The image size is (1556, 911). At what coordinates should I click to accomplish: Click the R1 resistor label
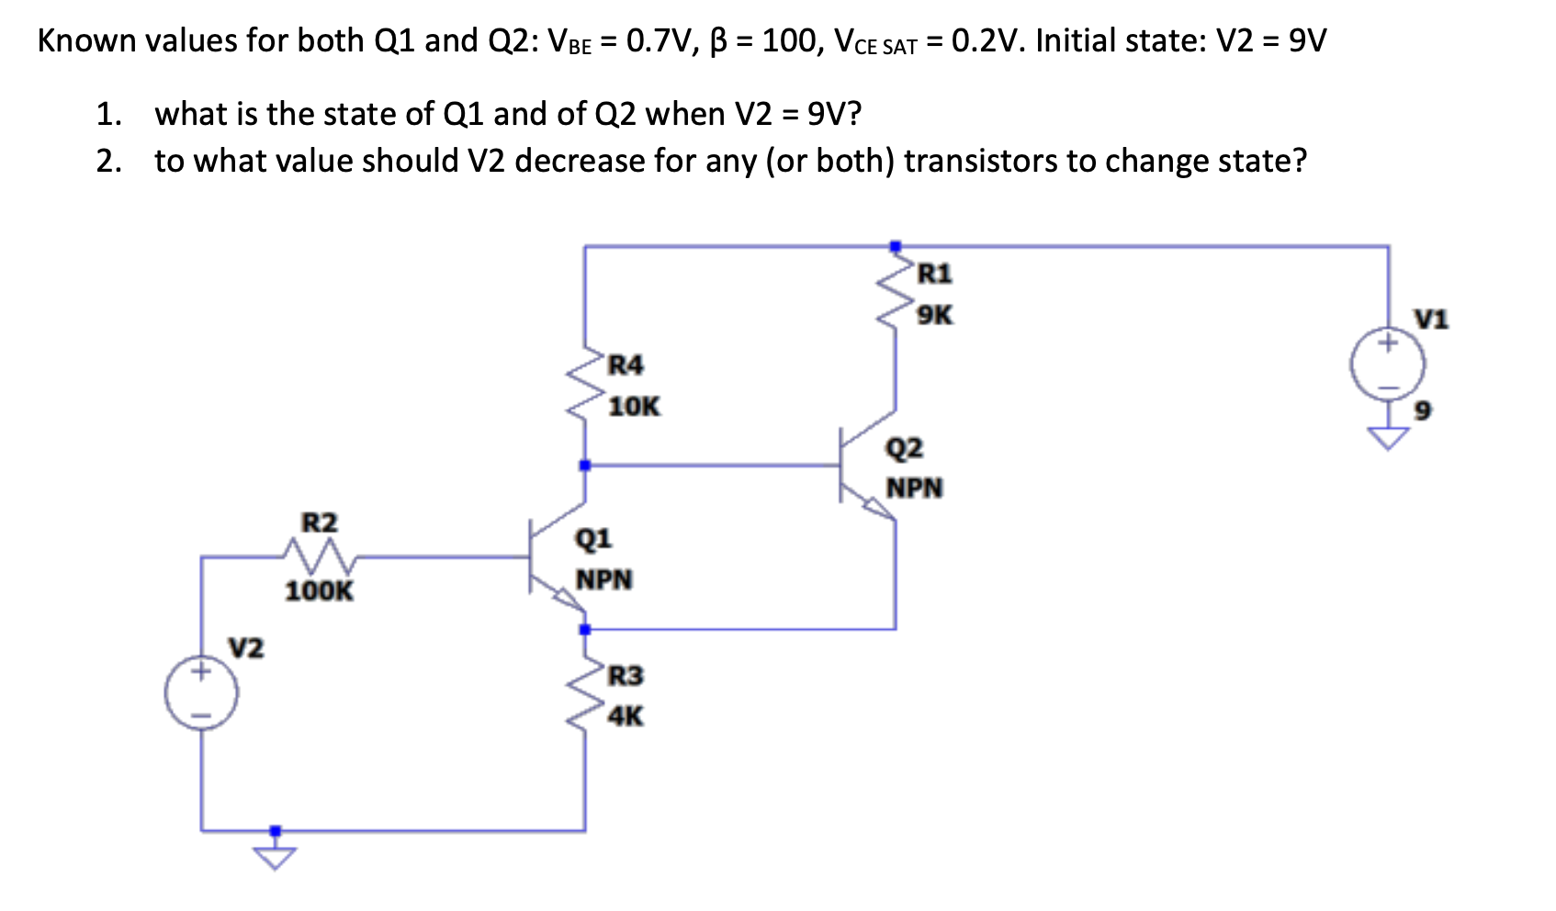click(x=935, y=274)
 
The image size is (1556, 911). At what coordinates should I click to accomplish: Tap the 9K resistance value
click(x=935, y=316)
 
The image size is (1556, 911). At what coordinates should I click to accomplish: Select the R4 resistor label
click(x=626, y=366)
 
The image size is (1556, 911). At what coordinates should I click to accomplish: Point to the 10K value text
click(x=634, y=407)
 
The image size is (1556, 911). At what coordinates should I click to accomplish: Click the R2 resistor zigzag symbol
click(x=318, y=555)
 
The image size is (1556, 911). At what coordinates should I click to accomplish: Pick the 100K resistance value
click(x=318, y=591)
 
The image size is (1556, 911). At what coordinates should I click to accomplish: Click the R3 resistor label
click(x=626, y=676)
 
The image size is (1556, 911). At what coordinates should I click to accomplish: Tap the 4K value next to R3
click(x=626, y=716)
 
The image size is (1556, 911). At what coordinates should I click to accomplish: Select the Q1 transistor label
click(x=593, y=538)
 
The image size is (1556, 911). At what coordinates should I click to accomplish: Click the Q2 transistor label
click(x=904, y=448)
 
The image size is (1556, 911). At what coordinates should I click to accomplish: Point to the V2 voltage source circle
click(x=201, y=693)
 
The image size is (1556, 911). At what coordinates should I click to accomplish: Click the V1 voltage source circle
click(x=1387, y=365)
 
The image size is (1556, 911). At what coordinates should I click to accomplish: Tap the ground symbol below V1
click(x=1388, y=438)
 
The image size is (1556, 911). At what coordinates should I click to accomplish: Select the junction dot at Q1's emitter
click(x=584, y=629)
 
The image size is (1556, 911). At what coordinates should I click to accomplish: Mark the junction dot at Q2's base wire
click(x=584, y=466)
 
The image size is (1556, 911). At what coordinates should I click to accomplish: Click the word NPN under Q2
click(x=914, y=488)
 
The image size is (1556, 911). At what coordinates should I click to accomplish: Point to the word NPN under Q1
click(x=603, y=580)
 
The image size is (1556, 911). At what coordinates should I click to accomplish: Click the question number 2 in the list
click(x=107, y=161)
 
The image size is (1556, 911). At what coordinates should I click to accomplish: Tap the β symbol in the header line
click(x=718, y=42)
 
